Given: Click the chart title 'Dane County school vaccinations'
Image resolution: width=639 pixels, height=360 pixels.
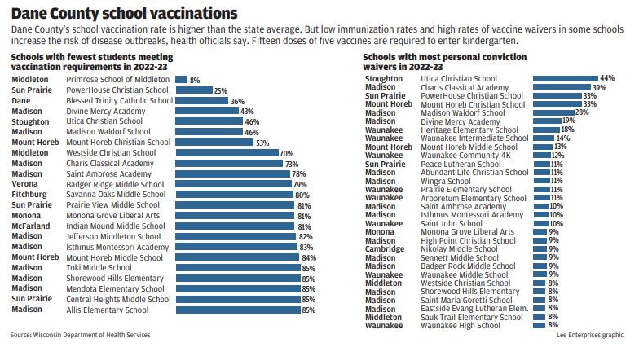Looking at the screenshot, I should tap(125, 13).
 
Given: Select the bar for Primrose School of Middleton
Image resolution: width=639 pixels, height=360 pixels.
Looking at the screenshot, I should tap(181, 80).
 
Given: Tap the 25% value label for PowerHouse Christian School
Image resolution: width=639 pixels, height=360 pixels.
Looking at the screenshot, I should tap(220, 90).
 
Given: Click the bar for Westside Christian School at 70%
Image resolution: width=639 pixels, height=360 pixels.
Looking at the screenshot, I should tap(226, 152).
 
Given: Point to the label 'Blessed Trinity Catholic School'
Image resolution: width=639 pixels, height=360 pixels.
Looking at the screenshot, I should tap(119, 101).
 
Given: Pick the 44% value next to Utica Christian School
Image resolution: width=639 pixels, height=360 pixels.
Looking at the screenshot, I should tap(607, 78).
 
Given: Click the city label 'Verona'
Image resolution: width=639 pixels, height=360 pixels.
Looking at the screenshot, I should tap(24, 184).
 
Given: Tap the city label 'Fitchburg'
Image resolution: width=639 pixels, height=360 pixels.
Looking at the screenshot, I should tap(29, 195).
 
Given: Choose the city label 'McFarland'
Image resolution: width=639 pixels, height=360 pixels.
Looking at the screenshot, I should tap(30, 226).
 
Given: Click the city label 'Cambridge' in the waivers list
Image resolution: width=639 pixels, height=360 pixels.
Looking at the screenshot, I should tap(385, 248).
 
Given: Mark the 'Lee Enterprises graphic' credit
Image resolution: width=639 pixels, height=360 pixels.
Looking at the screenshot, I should tap(590, 335).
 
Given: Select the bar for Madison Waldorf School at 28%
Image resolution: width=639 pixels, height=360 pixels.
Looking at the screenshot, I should tap(553, 112).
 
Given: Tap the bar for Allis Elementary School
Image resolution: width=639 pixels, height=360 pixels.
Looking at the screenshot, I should tap(237, 310).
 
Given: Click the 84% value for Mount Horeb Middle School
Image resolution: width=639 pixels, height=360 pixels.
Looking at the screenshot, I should tap(309, 257).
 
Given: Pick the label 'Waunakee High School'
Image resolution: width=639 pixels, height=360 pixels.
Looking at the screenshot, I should tap(461, 325).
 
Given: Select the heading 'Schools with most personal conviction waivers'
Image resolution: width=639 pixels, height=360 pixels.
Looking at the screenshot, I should tap(444, 61).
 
